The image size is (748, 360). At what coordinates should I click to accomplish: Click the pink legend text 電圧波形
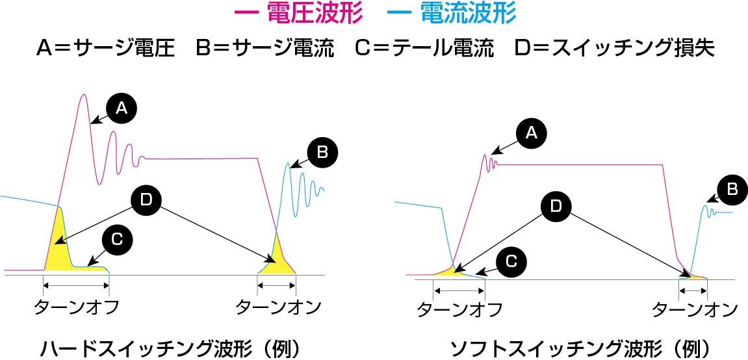[315, 13]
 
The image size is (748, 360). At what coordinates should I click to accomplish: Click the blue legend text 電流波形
[469, 13]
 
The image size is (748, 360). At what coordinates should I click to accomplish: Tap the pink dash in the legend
[247, 13]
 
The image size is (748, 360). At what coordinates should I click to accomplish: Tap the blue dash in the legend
[399, 13]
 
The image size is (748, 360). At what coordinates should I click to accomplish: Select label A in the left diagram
[122, 108]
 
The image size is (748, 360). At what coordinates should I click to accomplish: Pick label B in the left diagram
[322, 152]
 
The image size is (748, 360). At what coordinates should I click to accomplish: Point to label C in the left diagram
[117, 239]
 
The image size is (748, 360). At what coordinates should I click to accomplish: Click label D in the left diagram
[146, 199]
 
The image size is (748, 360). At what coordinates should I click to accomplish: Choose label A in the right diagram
[531, 133]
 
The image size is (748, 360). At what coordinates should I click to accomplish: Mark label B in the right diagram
[732, 189]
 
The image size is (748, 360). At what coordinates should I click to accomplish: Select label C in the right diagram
[511, 261]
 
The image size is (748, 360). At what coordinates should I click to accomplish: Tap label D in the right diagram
[556, 206]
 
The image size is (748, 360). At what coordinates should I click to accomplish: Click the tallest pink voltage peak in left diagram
[84, 95]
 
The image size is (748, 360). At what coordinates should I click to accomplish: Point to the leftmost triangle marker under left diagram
[45, 285]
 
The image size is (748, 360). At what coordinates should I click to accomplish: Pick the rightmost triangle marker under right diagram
[704, 290]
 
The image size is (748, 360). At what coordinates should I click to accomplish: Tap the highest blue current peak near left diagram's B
[288, 164]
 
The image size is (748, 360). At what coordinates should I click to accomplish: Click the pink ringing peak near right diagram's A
[485, 156]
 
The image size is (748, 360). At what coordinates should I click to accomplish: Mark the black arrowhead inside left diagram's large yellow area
[59, 241]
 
